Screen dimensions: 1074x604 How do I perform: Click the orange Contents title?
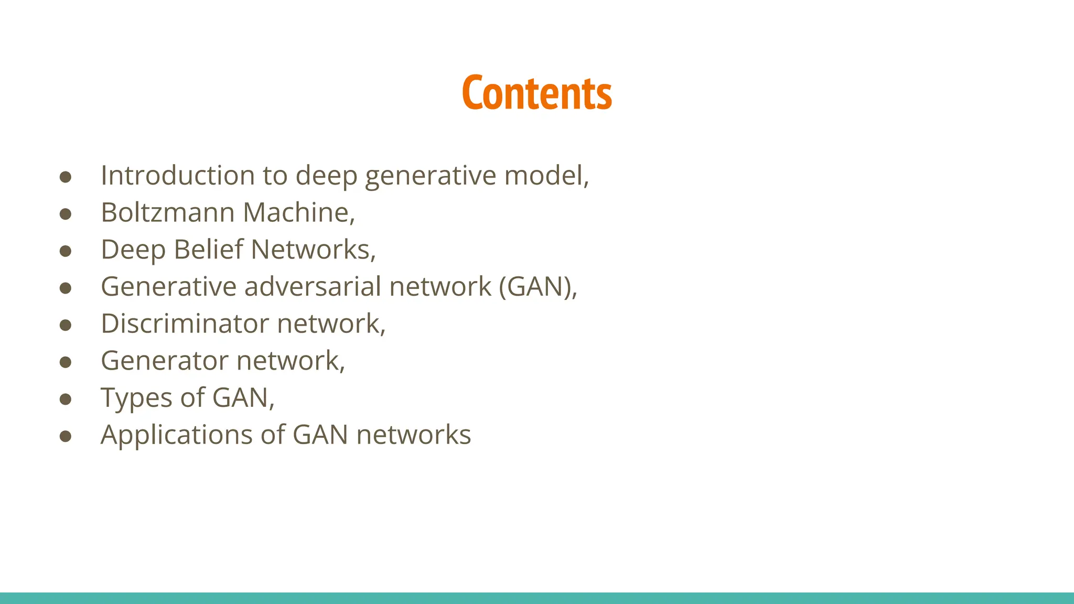pos(536,93)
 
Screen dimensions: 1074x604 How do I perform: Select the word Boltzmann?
pos(167,212)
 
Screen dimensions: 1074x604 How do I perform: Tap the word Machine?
pos(298,212)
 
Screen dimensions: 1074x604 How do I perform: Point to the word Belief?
pos(208,250)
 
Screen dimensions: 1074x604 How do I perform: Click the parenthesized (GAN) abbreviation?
pos(535,287)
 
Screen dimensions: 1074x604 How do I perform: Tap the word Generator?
pos(164,361)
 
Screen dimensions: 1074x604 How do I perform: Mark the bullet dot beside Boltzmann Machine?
pos(66,214)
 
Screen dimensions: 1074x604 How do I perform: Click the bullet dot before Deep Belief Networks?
pos(66,251)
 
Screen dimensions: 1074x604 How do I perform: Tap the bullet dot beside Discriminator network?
pos(66,325)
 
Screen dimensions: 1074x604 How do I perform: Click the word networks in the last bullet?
pos(413,435)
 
